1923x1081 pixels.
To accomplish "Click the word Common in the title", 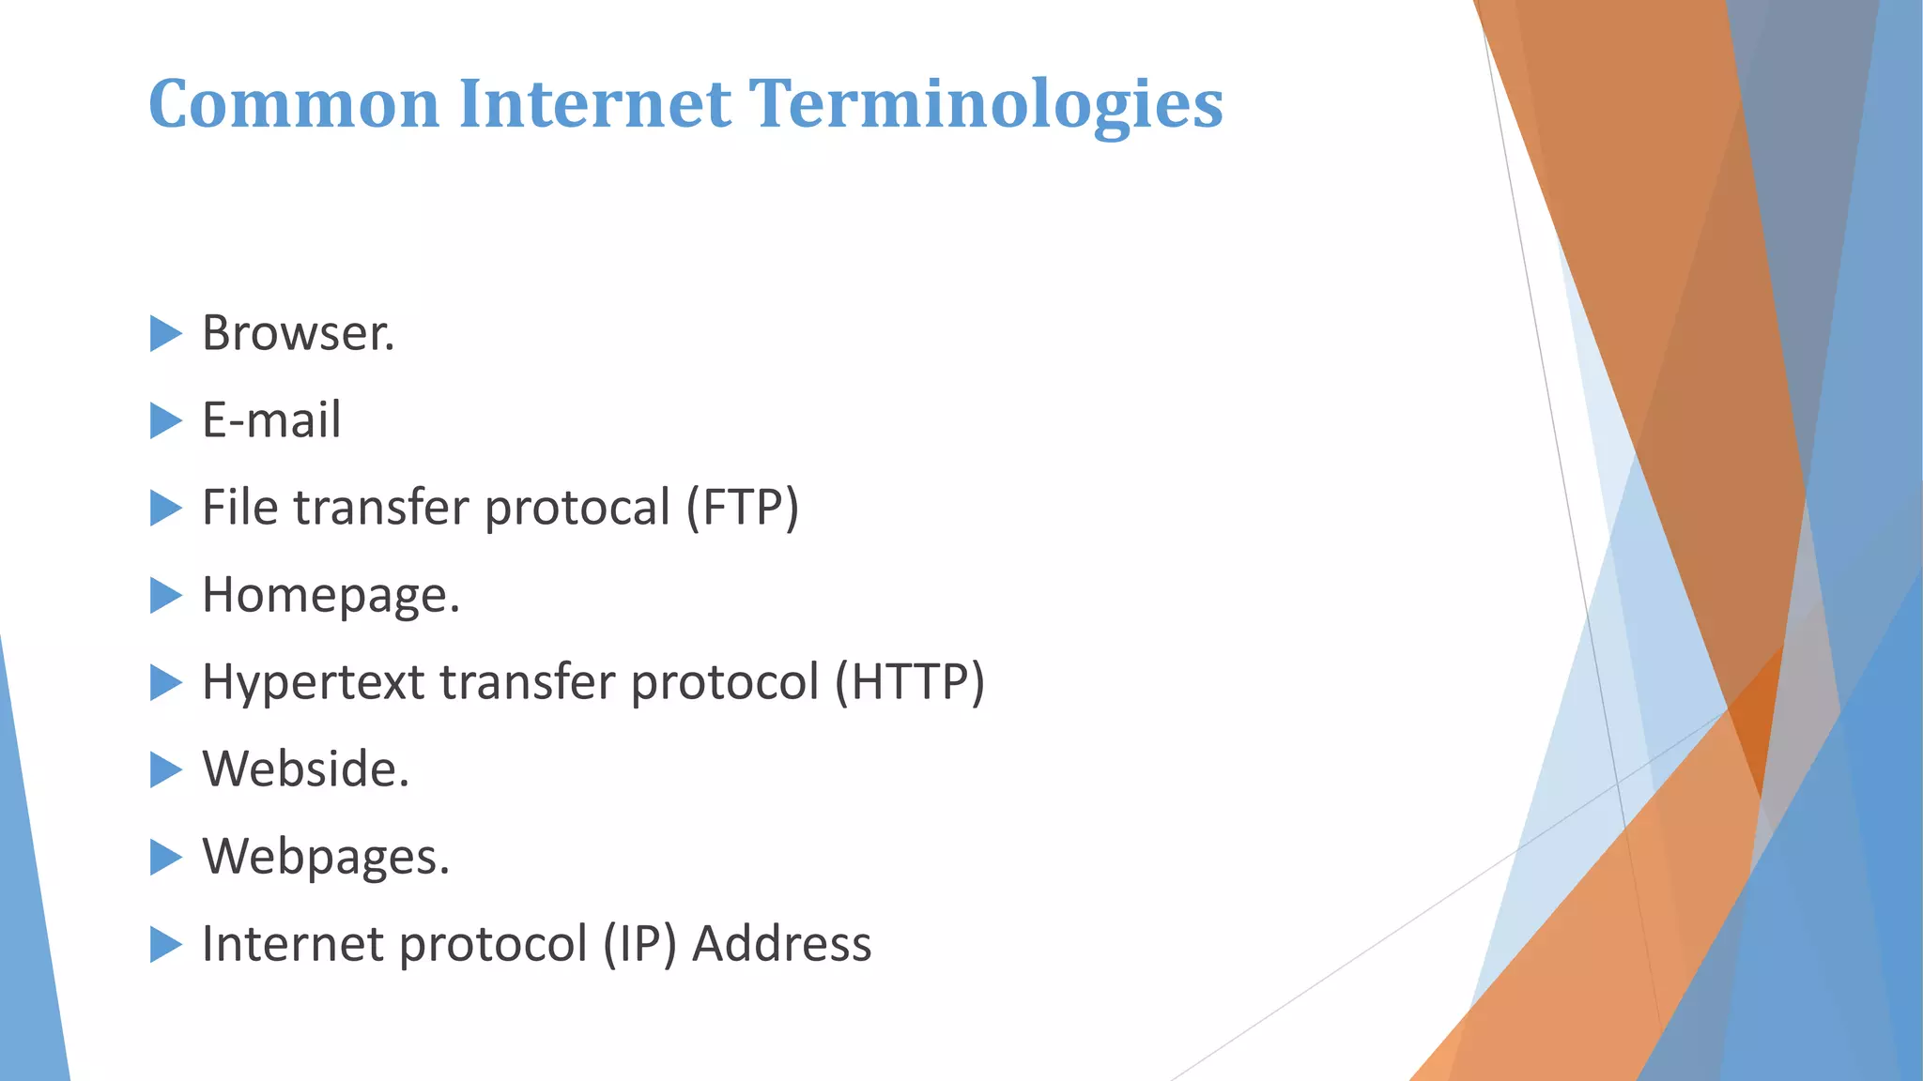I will click(x=294, y=103).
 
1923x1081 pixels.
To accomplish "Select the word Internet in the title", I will click(x=594, y=103).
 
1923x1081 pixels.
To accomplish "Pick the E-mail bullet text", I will click(x=271, y=419).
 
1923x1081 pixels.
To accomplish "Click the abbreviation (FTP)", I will click(x=742, y=508).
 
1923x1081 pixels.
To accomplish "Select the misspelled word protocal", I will click(x=577, y=509).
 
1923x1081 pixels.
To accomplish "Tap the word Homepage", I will click(x=330, y=596).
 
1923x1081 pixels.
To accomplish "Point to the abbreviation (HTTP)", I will click(x=910, y=682).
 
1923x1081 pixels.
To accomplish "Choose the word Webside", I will click(x=304, y=769).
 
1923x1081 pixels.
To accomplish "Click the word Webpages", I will click(x=325, y=858).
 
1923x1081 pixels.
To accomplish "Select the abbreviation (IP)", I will click(x=639, y=944).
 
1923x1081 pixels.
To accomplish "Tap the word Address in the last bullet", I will click(x=781, y=944).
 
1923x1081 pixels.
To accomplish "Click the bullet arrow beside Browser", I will click(x=164, y=333).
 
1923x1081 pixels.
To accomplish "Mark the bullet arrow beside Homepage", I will click(x=164, y=595).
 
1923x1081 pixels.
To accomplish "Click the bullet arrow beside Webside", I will click(x=164, y=769).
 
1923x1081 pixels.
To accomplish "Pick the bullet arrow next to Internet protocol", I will click(x=164, y=944).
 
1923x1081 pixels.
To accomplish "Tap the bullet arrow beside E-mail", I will click(x=164, y=420).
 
